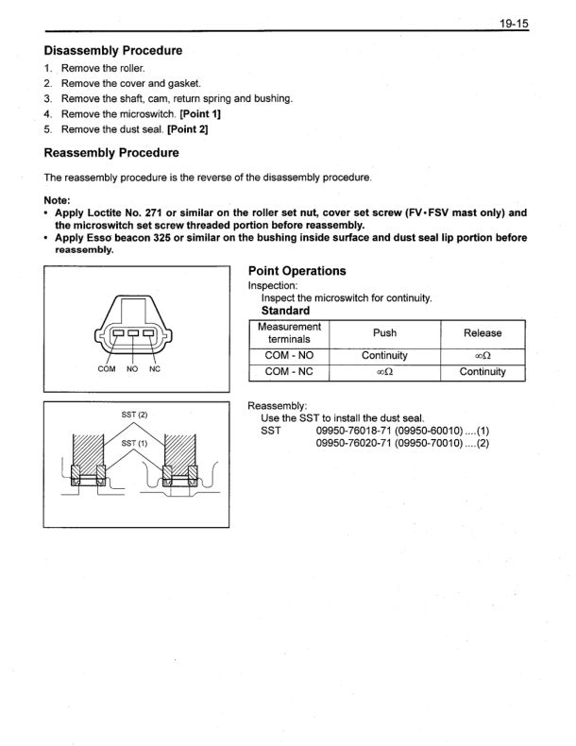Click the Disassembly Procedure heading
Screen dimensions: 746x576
(113, 50)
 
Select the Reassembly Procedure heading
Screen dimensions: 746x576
(111, 152)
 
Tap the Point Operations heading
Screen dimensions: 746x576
(296, 271)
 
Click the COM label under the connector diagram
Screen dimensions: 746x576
(107, 369)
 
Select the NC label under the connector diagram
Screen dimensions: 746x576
(155, 369)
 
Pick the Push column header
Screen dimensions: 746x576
(384, 333)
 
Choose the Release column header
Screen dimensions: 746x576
(483, 333)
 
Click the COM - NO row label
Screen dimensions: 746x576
(289, 356)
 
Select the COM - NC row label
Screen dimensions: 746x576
(289, 372)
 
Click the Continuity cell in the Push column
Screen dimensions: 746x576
(384, 356)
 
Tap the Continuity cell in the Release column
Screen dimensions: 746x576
(483, 372)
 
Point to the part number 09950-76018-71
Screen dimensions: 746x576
(353, 432)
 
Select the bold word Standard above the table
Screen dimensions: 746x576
(285, 311)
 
